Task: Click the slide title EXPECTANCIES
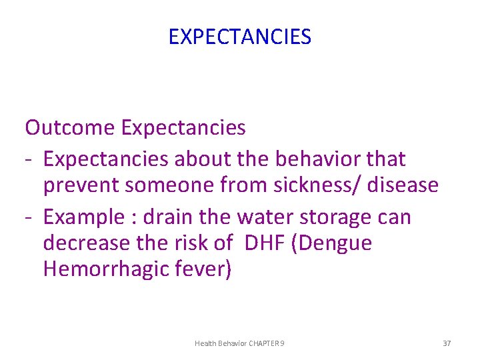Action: tap(239, 37)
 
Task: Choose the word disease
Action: tap(404, 185)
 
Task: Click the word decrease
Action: tap(85, 243)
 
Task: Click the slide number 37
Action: tap(447, 343)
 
